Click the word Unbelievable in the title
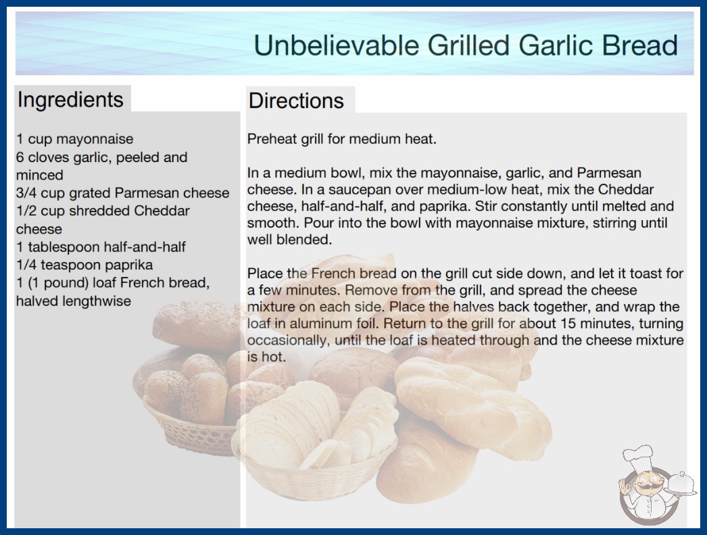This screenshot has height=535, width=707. [337, 45]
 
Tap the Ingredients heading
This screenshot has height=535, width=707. [70, 99]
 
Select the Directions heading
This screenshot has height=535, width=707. [296, 101]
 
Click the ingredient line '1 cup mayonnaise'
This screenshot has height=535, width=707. [75, 139]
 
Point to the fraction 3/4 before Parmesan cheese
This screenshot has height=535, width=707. [26, 193]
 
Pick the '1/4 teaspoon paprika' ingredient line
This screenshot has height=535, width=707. [84, 265]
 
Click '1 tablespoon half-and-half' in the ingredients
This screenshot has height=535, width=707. [101, 247]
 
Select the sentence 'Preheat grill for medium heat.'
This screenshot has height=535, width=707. [342, 139]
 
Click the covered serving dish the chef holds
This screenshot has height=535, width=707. [681, 484]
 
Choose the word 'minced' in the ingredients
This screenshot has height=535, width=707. [40, 175]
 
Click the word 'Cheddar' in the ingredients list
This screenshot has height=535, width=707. [162, 211]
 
